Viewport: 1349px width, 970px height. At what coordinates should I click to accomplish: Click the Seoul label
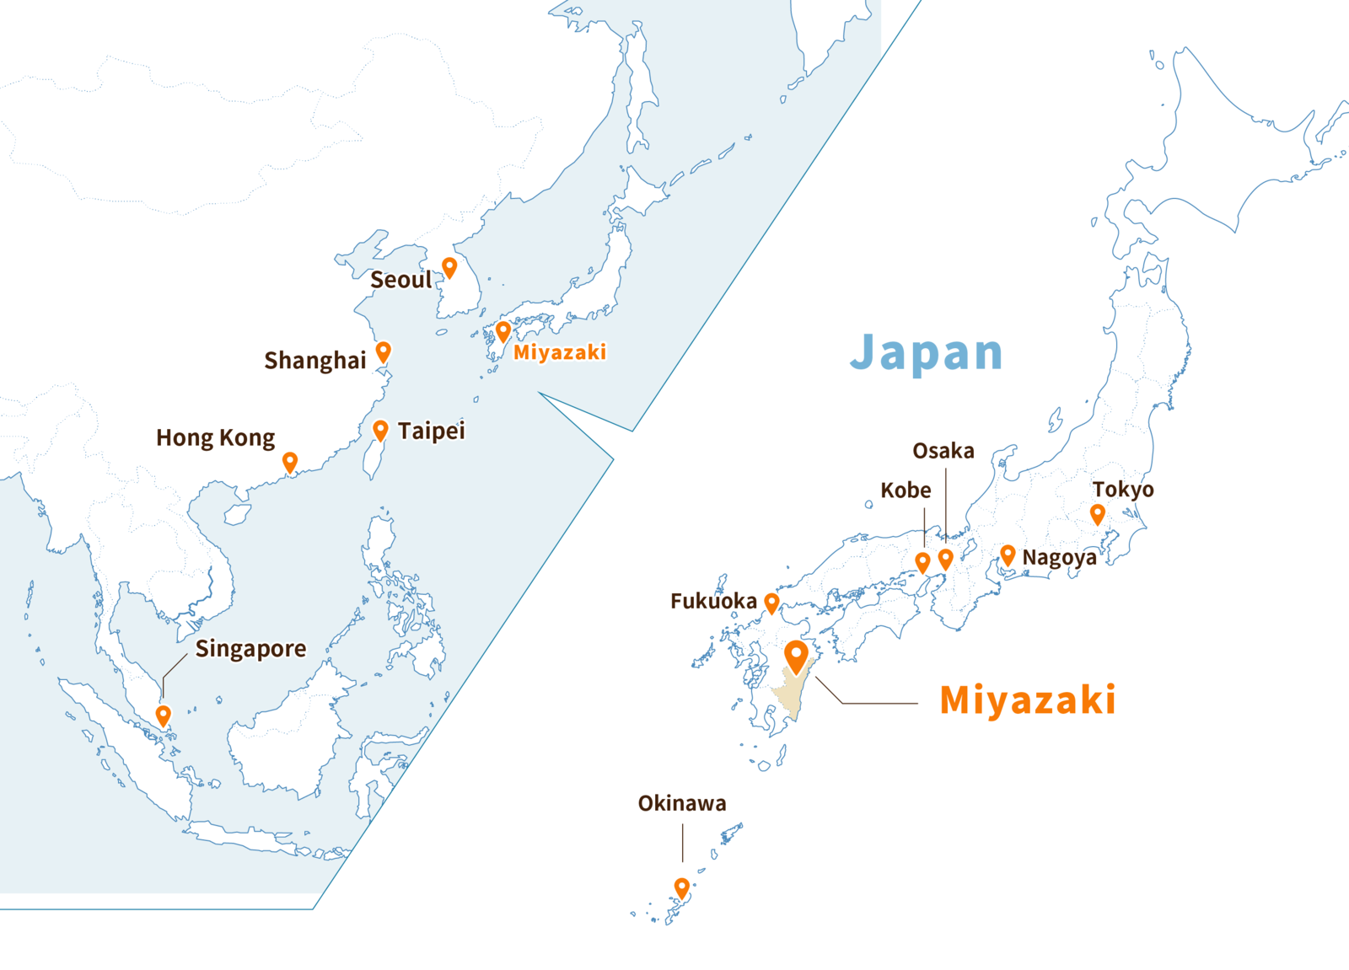pyautogui.click(x=401, y=280)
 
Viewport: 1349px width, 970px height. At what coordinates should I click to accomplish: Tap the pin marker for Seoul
pyautogui.click(x=449, y=267)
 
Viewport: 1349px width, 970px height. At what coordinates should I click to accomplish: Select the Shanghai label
pyautogui.click(x=315, y=361)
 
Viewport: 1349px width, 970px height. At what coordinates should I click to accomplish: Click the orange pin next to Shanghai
pyautogui.click(x=384, y=351)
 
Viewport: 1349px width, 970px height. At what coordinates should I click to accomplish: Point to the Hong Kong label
pyautogui.click(x=216, y=438)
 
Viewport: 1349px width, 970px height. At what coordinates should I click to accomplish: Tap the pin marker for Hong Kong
pyautogui.click(x=290, y=462)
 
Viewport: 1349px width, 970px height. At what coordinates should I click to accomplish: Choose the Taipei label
pyautogui.click(x=432, y=431)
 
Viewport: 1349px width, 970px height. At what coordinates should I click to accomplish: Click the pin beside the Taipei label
pyautogui.click(x=380, y=430)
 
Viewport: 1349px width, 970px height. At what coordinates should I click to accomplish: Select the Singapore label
pyautogui.click(x=250, y=649)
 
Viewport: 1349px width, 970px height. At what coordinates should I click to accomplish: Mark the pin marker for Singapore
pyautogui.click(x=164, y=715)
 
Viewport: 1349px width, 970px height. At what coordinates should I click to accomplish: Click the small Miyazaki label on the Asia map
pyautogui.click(x=560, y=352)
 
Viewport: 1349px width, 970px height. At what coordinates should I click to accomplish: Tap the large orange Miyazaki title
pyautogui.click(x=1028, y=699)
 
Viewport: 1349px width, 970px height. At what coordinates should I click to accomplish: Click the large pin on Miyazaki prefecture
pyautogui.click(x=796, y=656)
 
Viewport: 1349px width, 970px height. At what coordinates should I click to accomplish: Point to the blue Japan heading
pyautogui.click(x=926, y=352)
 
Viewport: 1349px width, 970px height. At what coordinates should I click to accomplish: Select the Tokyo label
pyautogui.click(x=1124, y=490)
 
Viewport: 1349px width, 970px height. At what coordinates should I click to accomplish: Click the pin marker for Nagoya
pyautogui.click(x=1008, y=555)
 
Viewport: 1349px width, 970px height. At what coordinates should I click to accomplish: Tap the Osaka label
pyautogui.click(x=943, y=451)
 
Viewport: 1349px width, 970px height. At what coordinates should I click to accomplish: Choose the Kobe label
pyautogui.click(x=906, y=490)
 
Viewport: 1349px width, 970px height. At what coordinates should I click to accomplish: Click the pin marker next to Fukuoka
pyautogui.click(x=771, y=602)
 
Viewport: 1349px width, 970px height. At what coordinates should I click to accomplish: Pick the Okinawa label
pyautogui.click(x=682, y=803)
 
